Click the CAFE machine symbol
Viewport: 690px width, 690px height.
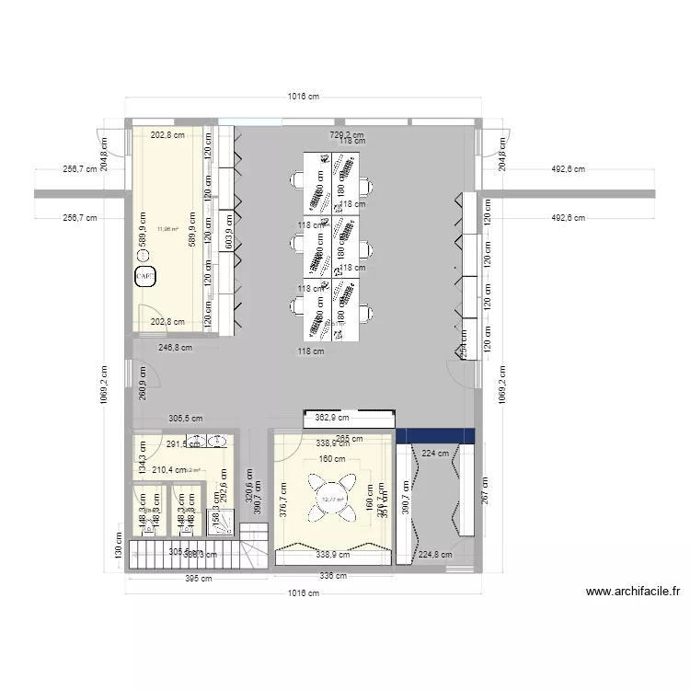145,275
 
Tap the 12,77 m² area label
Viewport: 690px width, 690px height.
332,500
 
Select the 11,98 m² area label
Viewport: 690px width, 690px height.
167,229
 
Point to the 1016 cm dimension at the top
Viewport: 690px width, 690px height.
302,97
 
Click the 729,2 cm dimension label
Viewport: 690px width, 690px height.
346,134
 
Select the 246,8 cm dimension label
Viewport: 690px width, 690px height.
175,348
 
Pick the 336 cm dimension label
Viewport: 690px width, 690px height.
333,576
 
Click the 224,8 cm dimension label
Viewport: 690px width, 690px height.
436,555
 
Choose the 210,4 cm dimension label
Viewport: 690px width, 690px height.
170,470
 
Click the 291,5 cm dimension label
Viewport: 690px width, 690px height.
182,444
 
